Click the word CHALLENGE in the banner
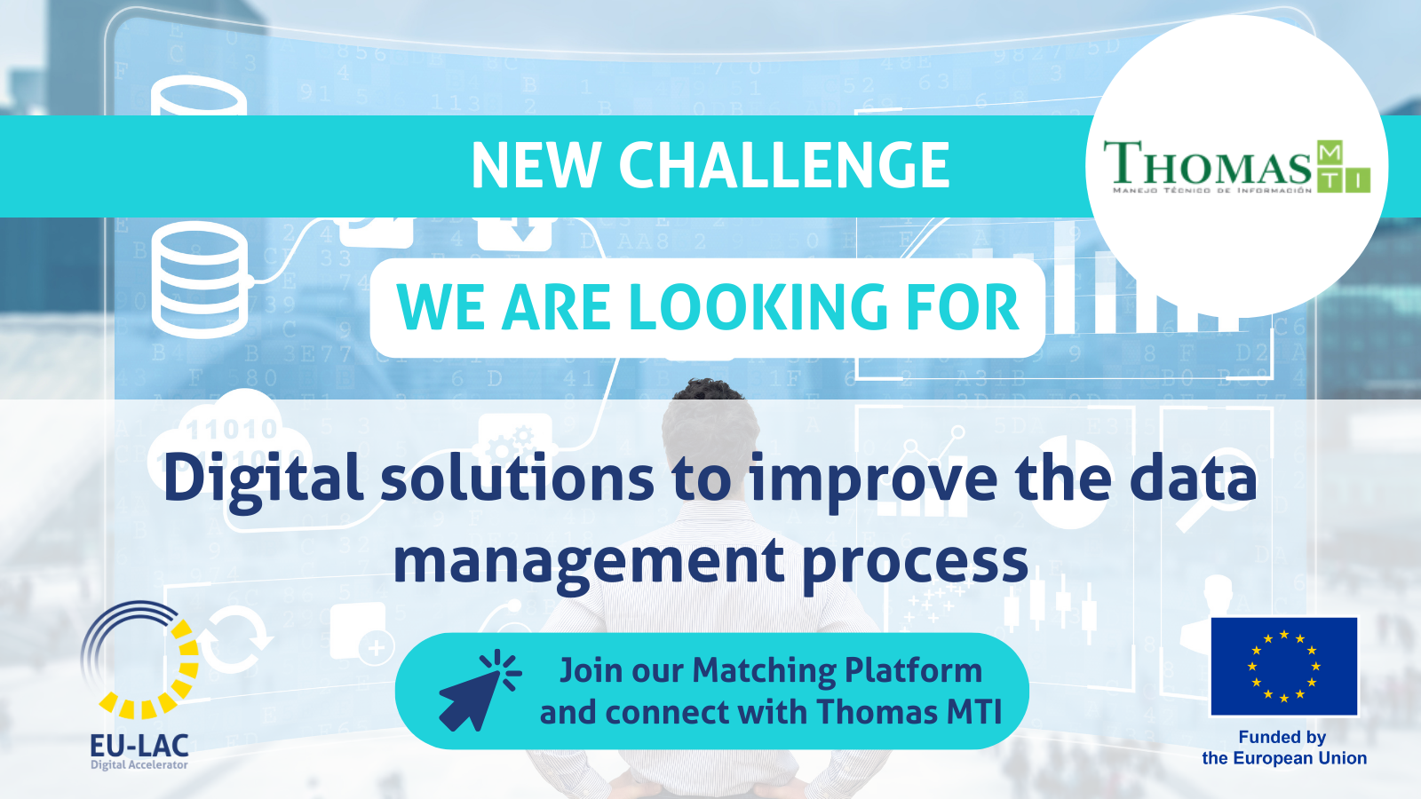(784, 165)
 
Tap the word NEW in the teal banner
(536, 165)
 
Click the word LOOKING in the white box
(758, 307)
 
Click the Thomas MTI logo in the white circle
(1236, 166)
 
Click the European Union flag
(1284, 666)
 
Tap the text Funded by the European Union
(1284, 748)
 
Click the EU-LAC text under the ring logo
(139, 745)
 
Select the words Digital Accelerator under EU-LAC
(139, 764)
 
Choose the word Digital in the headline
(263, 480)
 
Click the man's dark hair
(708, 391)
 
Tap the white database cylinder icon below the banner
(199, 279)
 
